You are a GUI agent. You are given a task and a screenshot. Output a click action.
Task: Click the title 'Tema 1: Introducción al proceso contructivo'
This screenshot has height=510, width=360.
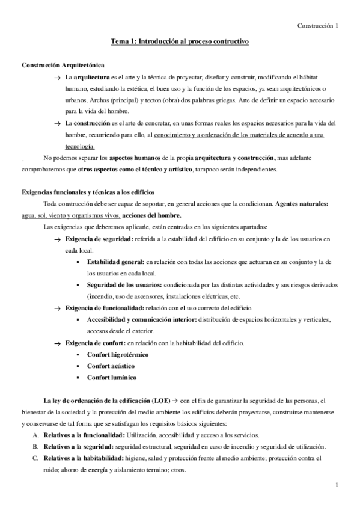tap(180, 41)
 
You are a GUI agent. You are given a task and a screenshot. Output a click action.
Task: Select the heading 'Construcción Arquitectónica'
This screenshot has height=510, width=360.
tap(62, 64)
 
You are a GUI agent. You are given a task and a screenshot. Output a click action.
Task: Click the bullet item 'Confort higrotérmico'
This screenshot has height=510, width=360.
tap(118, 354)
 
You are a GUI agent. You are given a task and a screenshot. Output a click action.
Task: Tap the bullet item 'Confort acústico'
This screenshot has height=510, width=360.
tap(111, 366)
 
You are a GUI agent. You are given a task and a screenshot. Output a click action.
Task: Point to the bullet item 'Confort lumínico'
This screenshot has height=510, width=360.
tap(111, 377)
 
